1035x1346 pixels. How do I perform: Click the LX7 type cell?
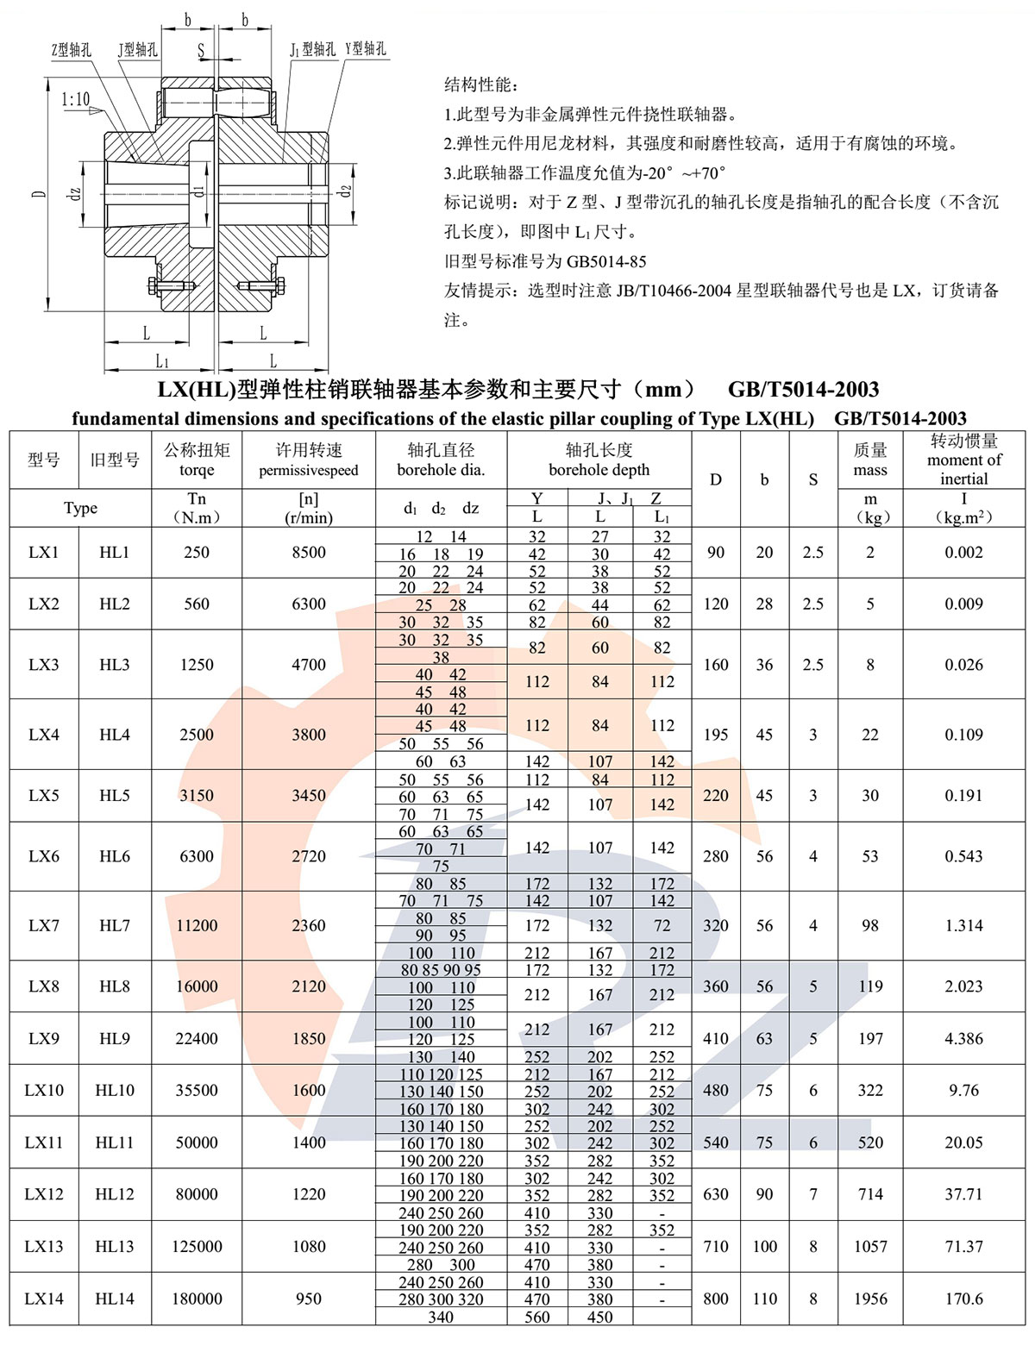(x=43, y=925)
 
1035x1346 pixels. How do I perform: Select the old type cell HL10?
(x=115, y=1090)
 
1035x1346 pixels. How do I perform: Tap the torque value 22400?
(x=197, y=1038)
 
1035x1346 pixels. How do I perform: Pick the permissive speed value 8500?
(x=309, y=552)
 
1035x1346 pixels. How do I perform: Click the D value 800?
(x=716, y=1299)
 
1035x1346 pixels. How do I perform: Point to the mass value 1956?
(x=870, y=1299)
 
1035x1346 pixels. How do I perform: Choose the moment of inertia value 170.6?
(x=963, y=1299)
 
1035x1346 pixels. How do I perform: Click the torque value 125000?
(x=197, y=1246)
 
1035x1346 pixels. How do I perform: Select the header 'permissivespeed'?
(x=309, y=471)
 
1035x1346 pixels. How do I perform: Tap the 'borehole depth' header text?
(x=599, y=470)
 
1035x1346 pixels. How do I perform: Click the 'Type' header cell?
(x=80, y=508)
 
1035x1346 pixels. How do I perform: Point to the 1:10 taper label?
(x=75, y=99)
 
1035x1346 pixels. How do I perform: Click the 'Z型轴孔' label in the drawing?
(x=71, y=50)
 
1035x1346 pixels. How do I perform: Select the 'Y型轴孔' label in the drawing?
(x=366, y=49)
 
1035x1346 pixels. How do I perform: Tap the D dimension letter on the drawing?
(x=39, y=194)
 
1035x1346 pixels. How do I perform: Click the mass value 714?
(x=870, y=1194)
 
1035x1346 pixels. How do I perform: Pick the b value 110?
(x=764, y=1299)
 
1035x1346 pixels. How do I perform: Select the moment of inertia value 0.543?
(x=963, y=856)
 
